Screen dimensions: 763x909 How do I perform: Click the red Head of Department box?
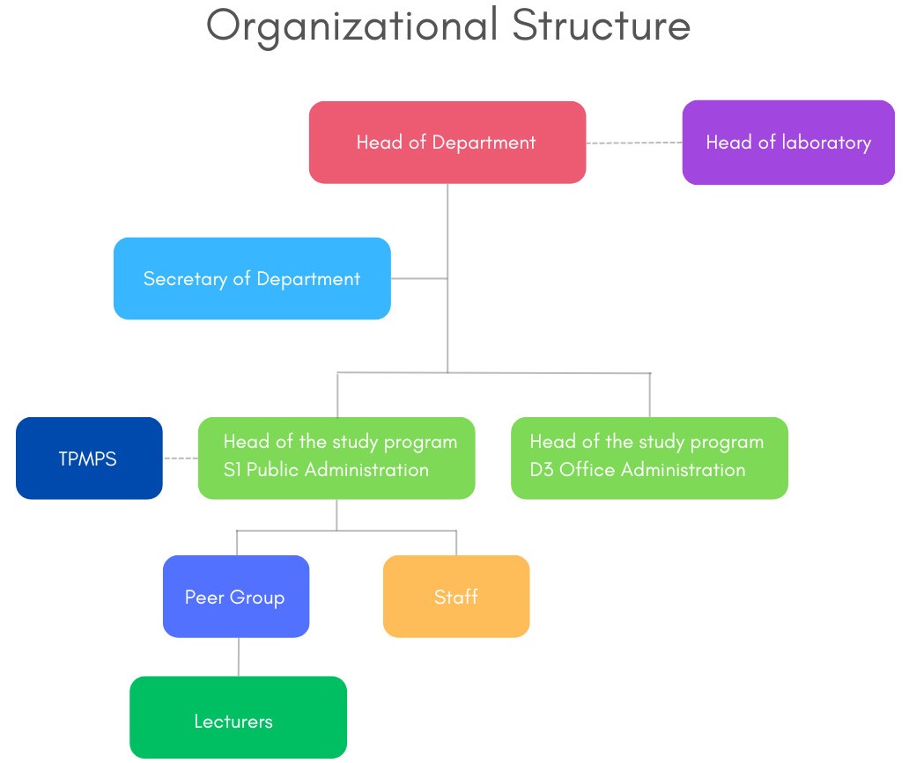tap(447, 143)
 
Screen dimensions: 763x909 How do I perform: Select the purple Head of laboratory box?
tap(787, 143)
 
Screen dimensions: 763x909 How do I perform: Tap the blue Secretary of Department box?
tap(252, 279)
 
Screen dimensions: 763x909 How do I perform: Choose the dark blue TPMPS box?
tap(89, 459)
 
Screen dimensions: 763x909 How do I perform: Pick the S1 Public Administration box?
tap(336, 458)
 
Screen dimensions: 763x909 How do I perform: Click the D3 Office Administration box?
tap(649, 458)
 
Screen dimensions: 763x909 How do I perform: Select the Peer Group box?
tap(236, 597)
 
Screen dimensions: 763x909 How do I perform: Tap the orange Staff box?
tap(456, 597)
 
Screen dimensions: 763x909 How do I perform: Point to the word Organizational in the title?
tap(352, 26)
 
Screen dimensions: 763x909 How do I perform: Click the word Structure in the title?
tap(601, 26)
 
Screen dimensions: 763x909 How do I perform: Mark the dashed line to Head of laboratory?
tap(634, 143)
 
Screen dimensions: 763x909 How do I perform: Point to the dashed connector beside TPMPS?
tap(181, 459)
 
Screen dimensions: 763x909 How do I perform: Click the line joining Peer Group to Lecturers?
tap(238, 657)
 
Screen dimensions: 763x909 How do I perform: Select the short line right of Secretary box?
tap(419, 279)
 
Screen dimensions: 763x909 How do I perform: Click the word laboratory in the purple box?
tap(826, 143)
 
